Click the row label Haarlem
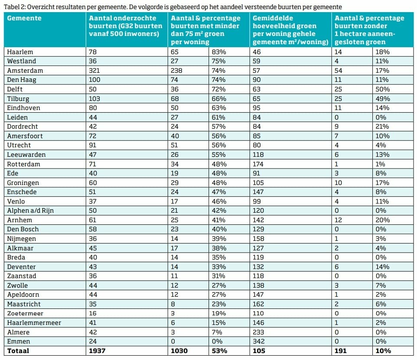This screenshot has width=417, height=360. tap(20, 52)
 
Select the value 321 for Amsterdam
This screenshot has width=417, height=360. tap(94, 71)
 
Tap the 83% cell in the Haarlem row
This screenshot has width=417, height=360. tap(218, 52)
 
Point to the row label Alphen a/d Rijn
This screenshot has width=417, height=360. tap(30, 211)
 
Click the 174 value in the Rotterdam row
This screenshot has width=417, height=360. tap(258, 164)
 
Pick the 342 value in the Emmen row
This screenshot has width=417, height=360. tap(258, 341)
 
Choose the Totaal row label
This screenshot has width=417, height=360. tap(18, 351)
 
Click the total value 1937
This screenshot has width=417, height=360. tap(97, 351)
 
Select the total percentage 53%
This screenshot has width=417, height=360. tap(219, 351)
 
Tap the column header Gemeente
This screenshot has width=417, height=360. tap(24, 18)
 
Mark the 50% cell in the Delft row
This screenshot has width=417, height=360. tap(382, 89)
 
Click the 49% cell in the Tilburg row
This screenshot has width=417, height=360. tap(382, 99)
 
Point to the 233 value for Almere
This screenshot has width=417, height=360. tap(258, 332)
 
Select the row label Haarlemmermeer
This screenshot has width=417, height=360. tap(34, 323)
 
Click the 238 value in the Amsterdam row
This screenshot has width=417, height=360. tap(176, 71)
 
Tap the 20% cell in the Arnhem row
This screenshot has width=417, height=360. tap(382, 220)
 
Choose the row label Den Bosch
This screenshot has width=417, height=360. tap(23, 229)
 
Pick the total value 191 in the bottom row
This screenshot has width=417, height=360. tap(340, 351)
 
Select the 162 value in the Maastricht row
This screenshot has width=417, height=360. tap(258, 304)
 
